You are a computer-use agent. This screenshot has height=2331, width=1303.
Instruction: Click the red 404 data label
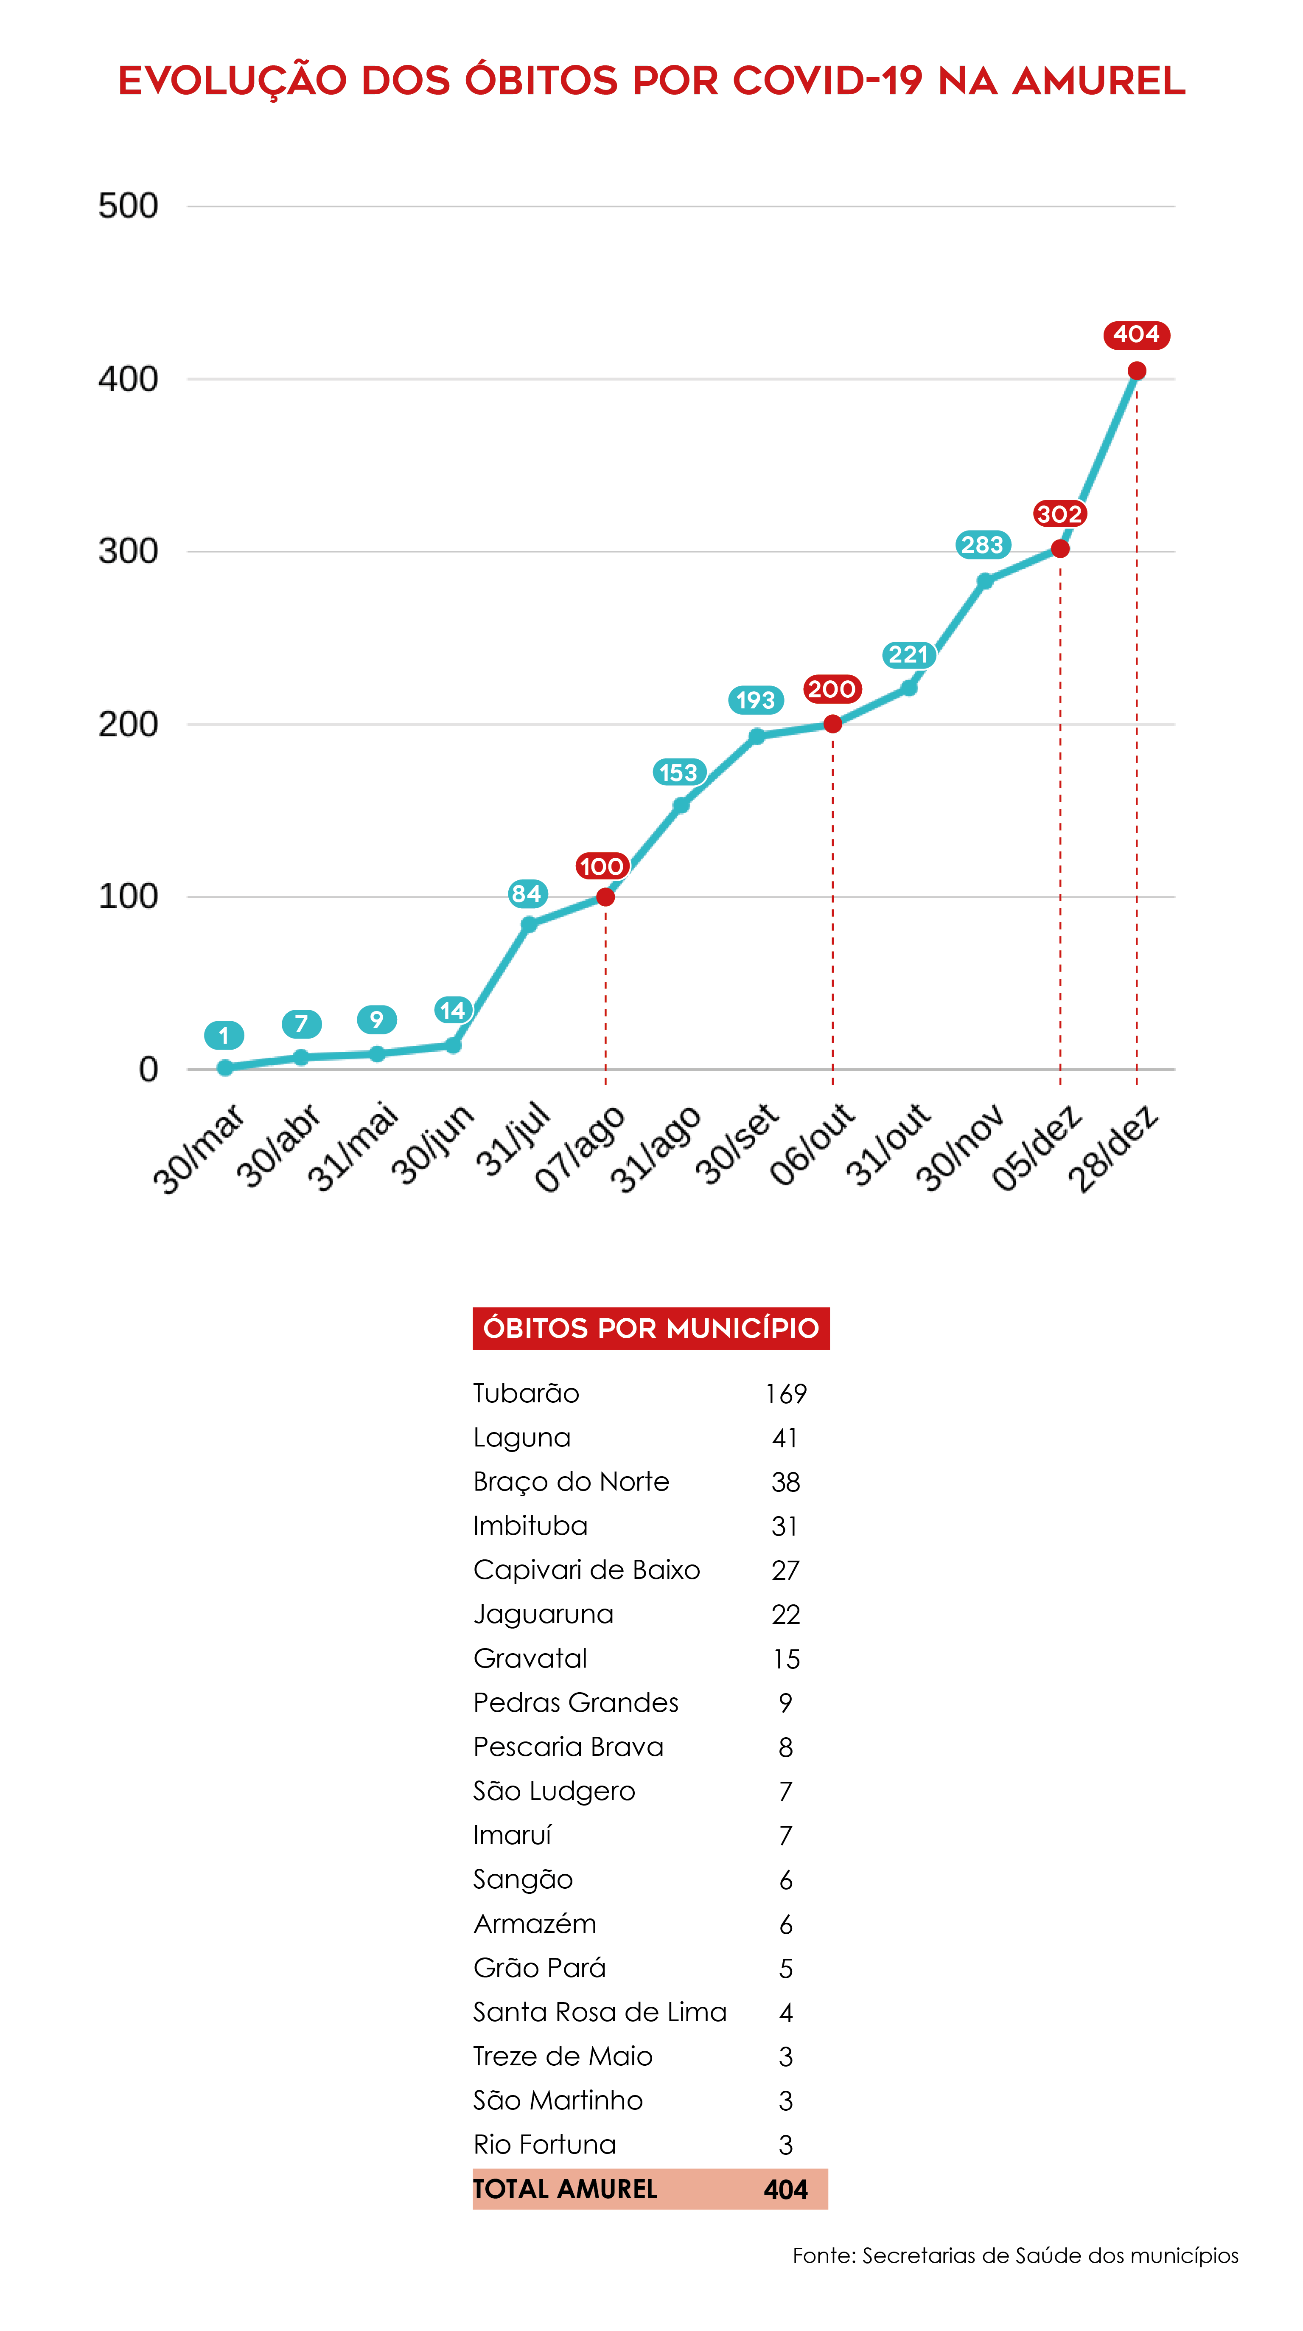pos(1135,335)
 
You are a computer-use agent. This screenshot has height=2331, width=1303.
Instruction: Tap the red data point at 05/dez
pos(1059,548)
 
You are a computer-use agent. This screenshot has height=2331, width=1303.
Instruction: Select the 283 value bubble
pos(982,545)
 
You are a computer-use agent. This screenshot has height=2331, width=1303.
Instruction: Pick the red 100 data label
pos(601,866)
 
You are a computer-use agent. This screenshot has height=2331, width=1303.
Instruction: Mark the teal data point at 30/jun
pos(453,1045)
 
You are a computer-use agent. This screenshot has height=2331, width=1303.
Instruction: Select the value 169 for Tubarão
pos(785,1393)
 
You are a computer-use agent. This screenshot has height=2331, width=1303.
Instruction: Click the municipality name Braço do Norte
pos(571,1481)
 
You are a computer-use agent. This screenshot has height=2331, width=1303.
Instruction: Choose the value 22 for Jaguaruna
pos(785,1614)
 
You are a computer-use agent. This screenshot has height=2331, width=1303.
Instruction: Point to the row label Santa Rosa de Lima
pos(600,2011)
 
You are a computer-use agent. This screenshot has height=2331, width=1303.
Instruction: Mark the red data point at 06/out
pos(832,724)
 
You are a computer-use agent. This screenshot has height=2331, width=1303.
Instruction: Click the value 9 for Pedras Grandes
pos(785,1703)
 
